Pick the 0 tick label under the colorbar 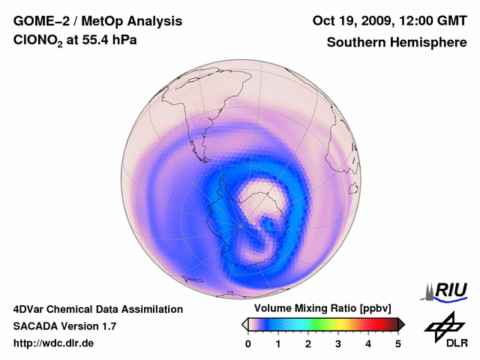248,343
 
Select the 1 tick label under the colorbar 278,343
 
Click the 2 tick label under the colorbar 308,343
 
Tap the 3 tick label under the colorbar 338,343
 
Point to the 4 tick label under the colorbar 368,343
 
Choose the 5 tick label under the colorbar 398,343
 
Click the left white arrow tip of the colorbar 244,324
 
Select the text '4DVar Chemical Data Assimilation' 97,309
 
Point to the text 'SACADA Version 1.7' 64,326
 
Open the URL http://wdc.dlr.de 54,343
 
